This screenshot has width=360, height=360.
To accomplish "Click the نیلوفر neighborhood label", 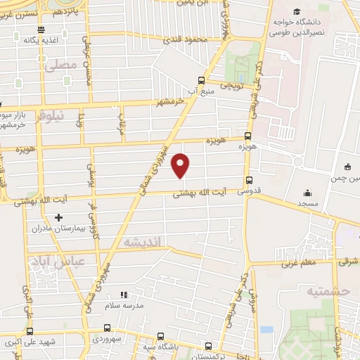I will (49, 115).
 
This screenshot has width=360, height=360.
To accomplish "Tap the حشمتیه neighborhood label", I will (323, 290).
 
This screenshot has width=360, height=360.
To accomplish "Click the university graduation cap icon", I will (297, 13).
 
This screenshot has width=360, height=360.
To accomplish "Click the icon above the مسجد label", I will (307, 193).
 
